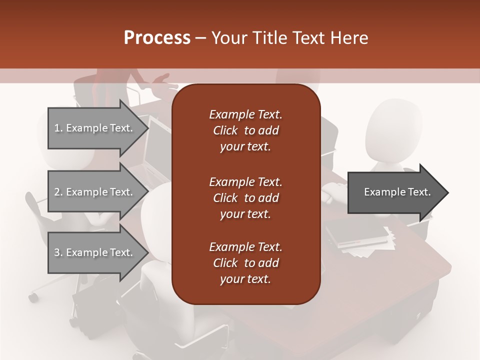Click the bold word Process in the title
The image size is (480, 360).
pos(157,38)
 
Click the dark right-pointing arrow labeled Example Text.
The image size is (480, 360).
pos(395,192)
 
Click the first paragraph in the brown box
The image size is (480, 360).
pos(245,130)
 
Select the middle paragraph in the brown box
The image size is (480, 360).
pos(245,198)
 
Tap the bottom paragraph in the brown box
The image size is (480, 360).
pos(245,263)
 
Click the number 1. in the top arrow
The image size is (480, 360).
pos(58,128)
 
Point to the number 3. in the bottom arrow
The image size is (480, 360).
pos(58,252)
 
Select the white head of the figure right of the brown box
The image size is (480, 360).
pos(388,130)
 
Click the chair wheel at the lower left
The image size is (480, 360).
pos(33,297)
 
